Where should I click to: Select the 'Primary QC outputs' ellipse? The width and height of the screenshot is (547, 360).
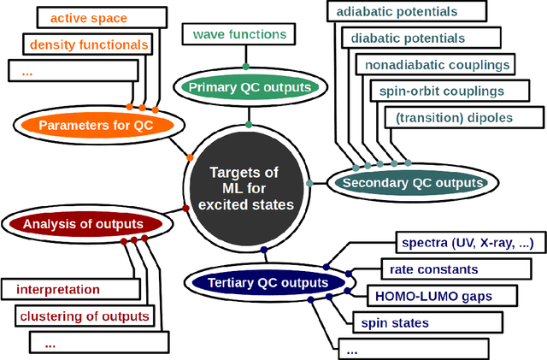coord(245,87)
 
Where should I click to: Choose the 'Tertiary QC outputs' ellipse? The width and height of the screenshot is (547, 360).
coord(256,283)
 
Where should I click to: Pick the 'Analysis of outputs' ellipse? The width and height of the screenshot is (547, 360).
coord(83,225)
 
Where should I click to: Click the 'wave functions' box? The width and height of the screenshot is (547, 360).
coord(238,35)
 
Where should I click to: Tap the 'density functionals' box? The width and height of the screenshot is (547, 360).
coord(89,44)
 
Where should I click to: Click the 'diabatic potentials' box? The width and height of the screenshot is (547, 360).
coord(403,38)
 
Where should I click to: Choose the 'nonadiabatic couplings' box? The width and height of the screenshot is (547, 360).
coord(426,65)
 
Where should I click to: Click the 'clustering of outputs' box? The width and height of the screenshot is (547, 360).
coord(84,316)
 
